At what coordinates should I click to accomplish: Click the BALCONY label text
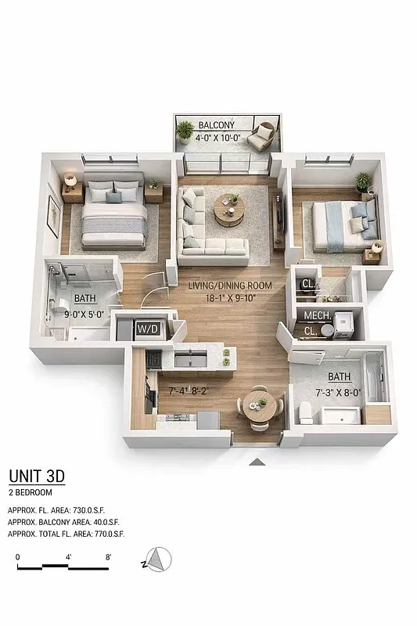click(x=214, y=125)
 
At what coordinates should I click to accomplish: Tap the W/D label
click(x=148, y=329)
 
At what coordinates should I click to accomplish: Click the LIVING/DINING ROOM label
click(x=230, y=286)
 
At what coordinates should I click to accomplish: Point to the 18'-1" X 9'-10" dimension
click(x=230, y=297)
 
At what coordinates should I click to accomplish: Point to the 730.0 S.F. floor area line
click(x=65, y=509)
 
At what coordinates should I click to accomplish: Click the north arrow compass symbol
click(x=158, y=559)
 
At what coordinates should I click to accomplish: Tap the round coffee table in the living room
click(x=229, y=209)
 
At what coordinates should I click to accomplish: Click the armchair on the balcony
click(x=262, y=136)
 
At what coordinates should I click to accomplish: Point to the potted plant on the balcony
click(x=185, y=129)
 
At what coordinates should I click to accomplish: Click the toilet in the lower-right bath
click(x=306, y=412)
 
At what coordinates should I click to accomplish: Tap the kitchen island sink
click(x=190, y=359)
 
